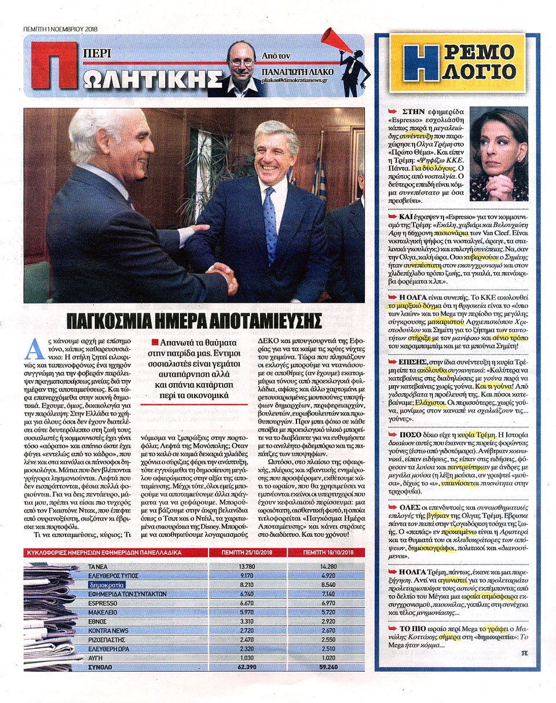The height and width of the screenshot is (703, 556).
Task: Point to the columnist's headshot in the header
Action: pos(241,68)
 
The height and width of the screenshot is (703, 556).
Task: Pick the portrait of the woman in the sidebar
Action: pos(499,154)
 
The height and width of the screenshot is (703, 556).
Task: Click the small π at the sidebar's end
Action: pos(524,652)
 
